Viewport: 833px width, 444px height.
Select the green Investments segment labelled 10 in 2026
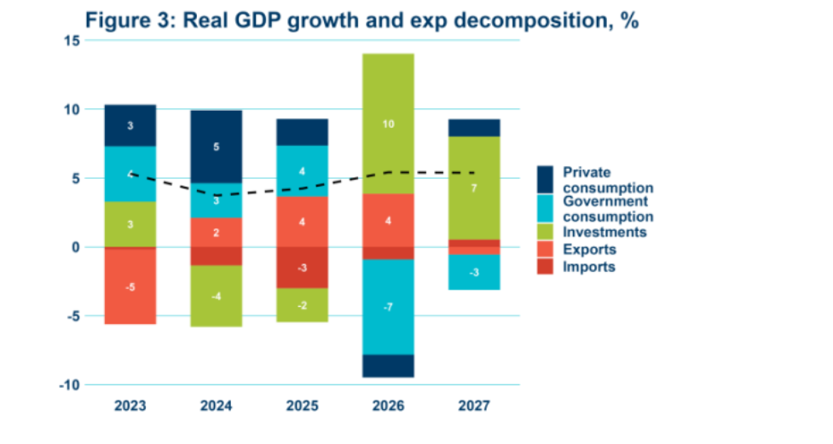(387, 124)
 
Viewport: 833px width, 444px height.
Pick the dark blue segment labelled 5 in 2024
(217, 147)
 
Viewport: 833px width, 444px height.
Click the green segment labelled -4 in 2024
(217, 296)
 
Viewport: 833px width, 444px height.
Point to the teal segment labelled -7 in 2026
(387, 306)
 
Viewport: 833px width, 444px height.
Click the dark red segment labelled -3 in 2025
(302, 268)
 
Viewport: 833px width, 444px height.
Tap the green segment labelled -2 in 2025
(302, 305)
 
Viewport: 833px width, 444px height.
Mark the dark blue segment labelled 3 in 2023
(130, 125)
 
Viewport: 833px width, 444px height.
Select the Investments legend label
(605, 232)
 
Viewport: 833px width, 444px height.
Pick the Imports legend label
(589, 267)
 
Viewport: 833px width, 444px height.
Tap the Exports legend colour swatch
(546, 250)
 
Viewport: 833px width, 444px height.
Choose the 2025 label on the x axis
(302, 407)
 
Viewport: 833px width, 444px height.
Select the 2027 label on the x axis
(473, 407)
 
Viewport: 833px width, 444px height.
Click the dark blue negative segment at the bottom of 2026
(387, 366)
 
